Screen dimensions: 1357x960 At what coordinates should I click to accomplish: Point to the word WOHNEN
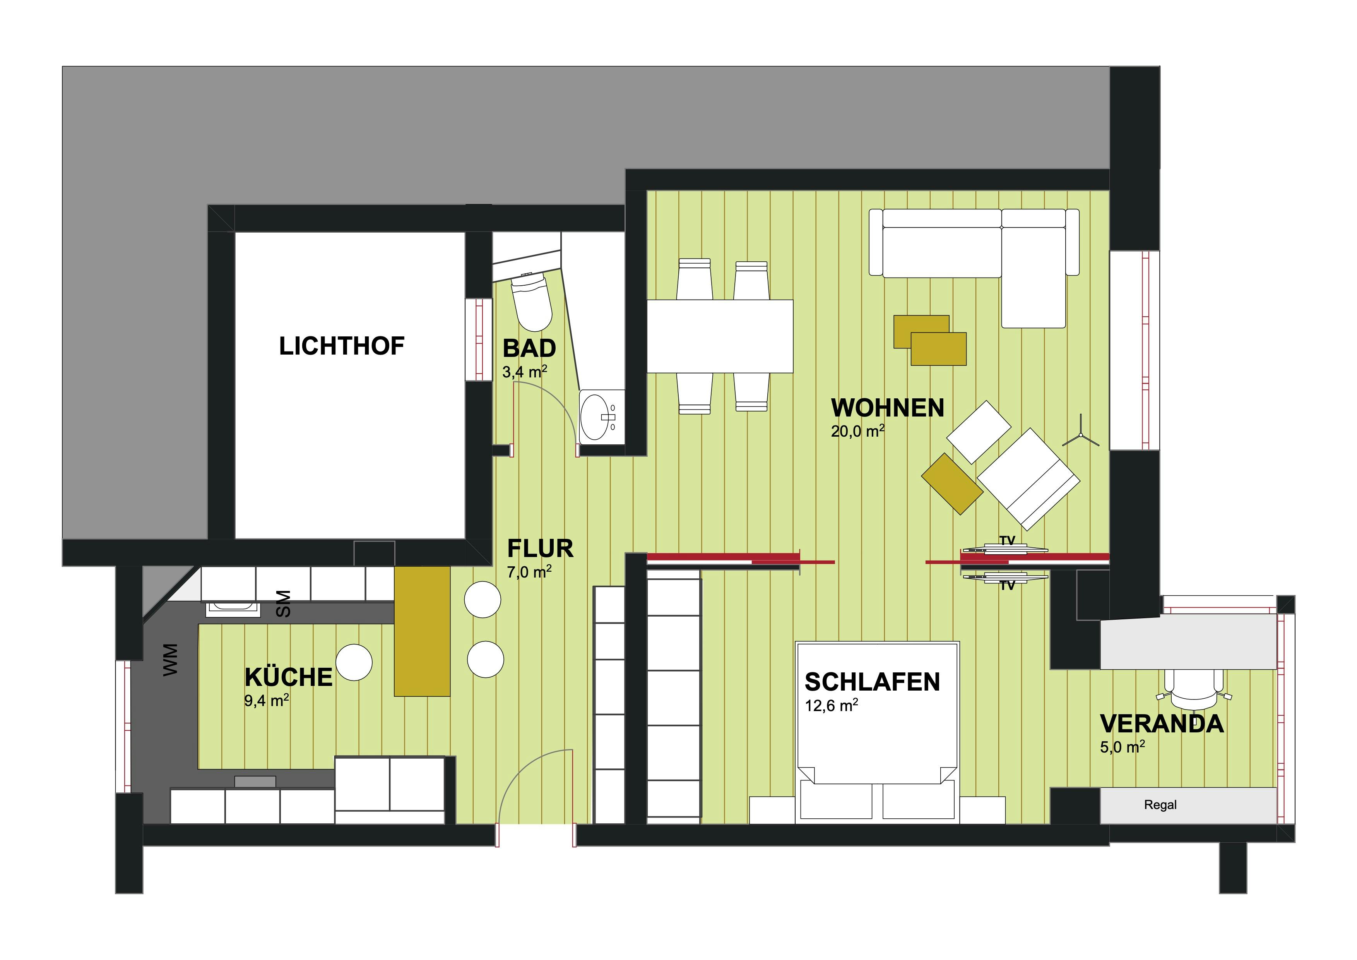click(888, 408)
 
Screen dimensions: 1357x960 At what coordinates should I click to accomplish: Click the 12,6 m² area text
click(832, 705)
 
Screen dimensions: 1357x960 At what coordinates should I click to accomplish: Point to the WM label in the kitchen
click(170, 660)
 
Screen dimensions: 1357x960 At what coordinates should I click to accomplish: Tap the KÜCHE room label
click(288, 677)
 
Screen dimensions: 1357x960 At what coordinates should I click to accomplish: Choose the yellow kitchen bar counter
click(422, 631)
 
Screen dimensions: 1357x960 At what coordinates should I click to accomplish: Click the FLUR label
click(540, 549)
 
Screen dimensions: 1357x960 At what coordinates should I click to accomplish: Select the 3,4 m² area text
click(525, 372)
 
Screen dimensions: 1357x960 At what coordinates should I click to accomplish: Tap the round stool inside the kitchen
click(354, 662)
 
